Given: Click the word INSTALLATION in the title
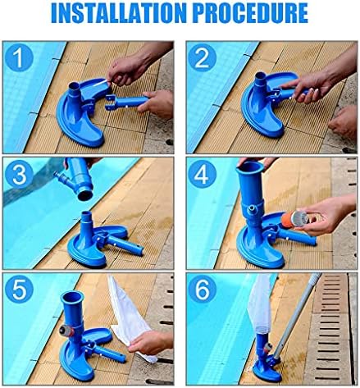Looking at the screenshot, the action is click(x=119, y=13).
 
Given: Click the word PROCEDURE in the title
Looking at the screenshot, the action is click(x=251, y=13).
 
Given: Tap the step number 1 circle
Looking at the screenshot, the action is click(x=19, y=58).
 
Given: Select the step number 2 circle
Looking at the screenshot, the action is click(x=203, y=58).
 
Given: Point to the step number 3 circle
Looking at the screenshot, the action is click(x=19, y=175).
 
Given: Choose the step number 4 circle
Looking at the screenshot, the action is click(x=203, y=175).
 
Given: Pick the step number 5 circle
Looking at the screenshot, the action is click(x=19, y=289).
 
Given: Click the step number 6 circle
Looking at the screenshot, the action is click(x=203, y=289).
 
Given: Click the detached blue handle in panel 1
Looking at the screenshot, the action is click(x=126, y=103).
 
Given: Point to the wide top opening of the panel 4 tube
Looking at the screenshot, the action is click(x=250, y=166).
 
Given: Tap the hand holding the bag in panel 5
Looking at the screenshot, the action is click(x=151, y=343).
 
